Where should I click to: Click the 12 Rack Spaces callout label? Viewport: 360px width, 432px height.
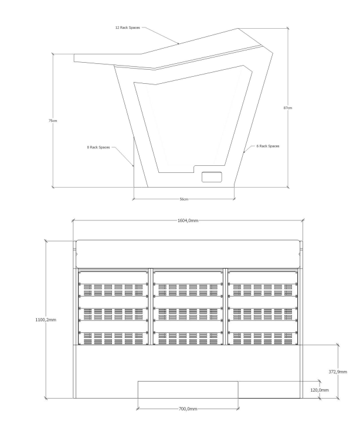(128, 28)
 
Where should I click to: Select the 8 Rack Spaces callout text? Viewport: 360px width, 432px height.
(99, 147)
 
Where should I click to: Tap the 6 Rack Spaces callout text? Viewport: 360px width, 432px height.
(268, 146)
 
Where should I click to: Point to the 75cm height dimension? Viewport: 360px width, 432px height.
(53, 121)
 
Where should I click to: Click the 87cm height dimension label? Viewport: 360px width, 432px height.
(288, 108)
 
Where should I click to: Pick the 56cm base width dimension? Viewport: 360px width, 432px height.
(184, 199)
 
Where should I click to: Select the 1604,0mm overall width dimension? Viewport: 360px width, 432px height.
(188, 220)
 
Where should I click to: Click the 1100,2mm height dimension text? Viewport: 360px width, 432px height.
(46, 319)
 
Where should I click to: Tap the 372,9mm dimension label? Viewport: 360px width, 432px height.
(338, 372)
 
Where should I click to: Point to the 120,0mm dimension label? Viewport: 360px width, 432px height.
(320, 390)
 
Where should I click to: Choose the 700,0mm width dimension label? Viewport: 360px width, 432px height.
(188, 409)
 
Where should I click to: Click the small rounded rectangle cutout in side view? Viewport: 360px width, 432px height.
(212, 177)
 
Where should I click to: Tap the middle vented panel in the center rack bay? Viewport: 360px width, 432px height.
(188, 314)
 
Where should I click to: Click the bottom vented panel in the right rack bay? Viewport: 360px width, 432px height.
(263, 338)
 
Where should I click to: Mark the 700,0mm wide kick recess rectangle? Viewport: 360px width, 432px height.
(188, 390)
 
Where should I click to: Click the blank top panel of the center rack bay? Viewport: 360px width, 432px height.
(188, 277)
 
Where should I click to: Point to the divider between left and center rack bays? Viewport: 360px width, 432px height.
(151, 307)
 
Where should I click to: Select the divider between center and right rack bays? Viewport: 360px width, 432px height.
(226, 307)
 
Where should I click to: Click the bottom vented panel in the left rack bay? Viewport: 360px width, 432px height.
(113, 338)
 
